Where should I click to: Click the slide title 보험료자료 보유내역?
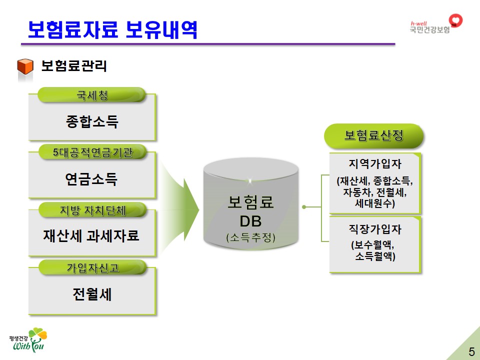(112, 29)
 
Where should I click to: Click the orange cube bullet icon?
(25, 67)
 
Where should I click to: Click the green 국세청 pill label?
(92, 95)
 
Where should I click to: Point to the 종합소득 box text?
(92, 121)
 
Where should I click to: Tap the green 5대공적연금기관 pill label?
(92, 152)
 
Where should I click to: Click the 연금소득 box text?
(91, 179)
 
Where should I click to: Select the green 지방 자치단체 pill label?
(92, 210)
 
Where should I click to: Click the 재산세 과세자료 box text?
(91, 235)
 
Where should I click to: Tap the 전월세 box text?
(92, 294)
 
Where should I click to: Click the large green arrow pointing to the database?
(180, 205)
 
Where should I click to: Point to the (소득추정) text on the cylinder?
(250, 238)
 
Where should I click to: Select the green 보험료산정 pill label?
(374, 136)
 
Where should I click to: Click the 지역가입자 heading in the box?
(375, 163)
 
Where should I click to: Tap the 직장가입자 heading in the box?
(375, 230)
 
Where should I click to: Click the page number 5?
(471, 351)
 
